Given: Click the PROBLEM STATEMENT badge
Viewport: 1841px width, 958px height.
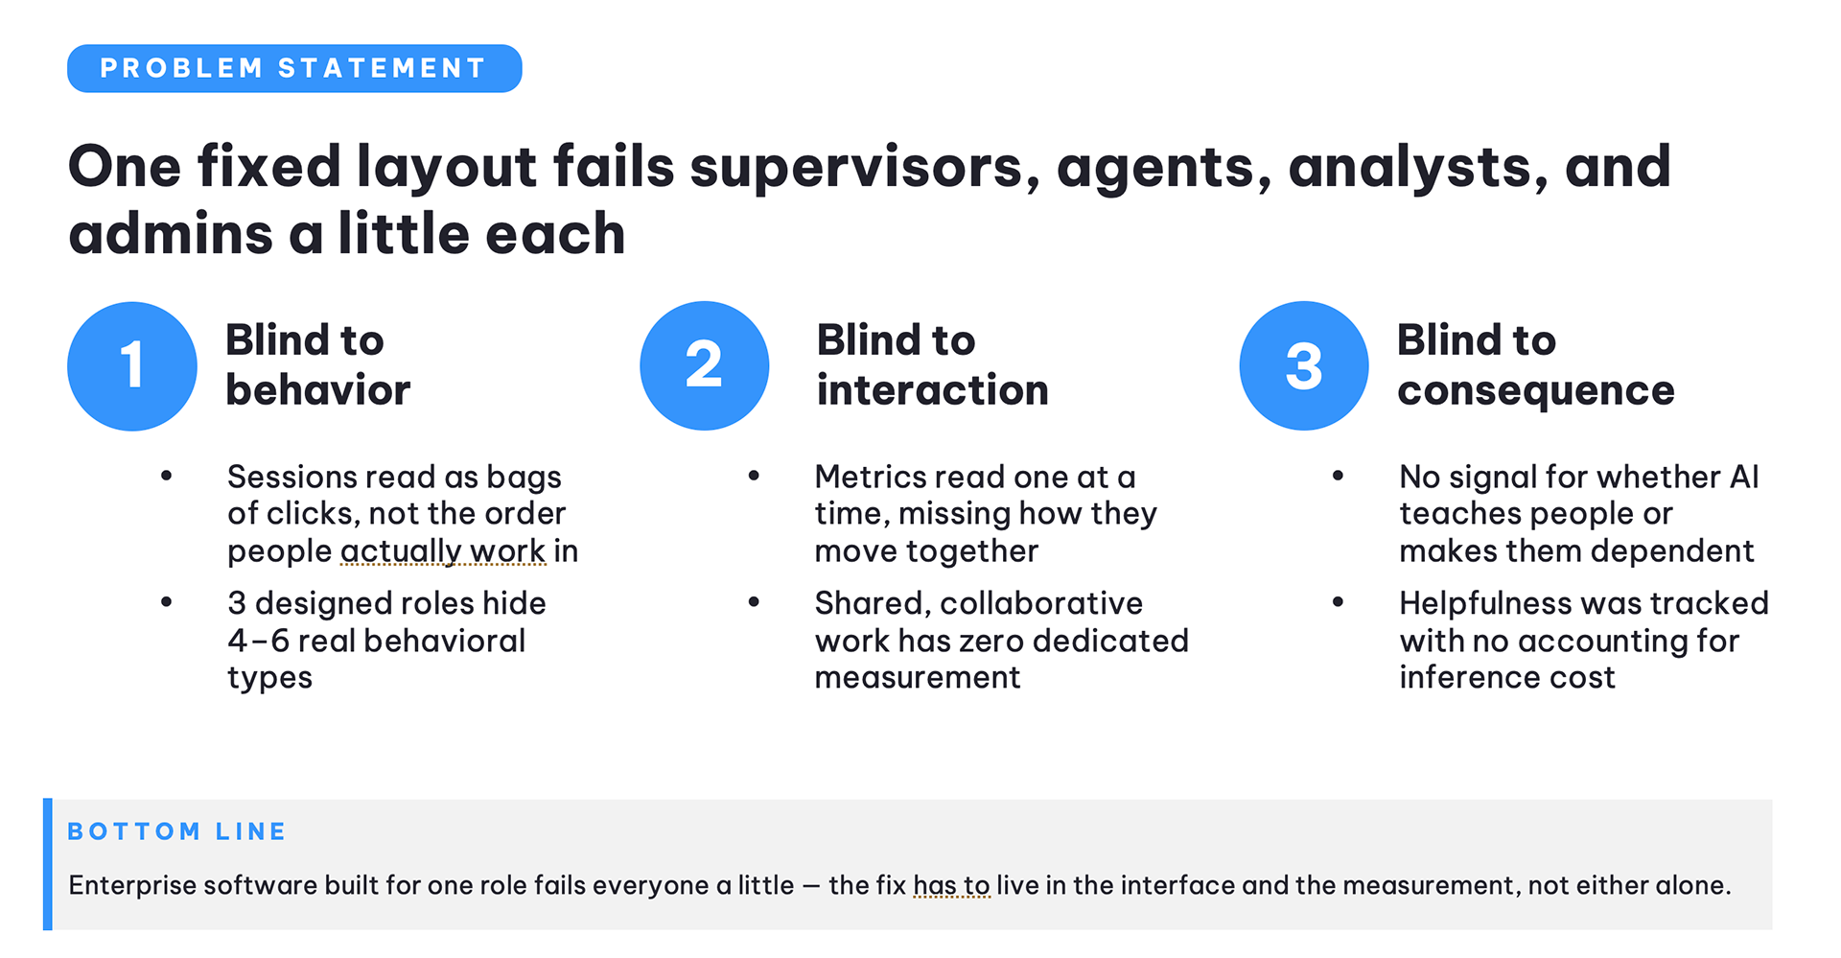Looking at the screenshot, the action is pyautogui.click(x=294, y=68).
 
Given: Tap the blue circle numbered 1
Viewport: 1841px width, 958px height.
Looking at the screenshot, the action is pyautogui.click(x=132, y=366).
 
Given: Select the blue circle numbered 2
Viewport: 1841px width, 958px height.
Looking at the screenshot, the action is pyautogui.click(x=705, y=366).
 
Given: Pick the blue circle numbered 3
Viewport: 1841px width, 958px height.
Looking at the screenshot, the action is pyautogui.click(x=1304, y=366).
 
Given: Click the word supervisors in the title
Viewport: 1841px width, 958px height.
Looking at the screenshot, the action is pyautogui.click(x=864, y=168).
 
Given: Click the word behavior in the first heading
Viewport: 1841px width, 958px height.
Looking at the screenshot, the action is pyautogui.click(x=318, y=390).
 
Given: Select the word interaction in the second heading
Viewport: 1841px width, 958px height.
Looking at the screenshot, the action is pyautogui.click(x=933, y=390).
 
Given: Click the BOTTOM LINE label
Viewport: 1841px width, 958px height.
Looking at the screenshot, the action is pyautogui.click(x=176, y=831).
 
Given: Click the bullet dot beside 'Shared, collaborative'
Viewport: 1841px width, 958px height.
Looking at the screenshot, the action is pyautogui.click(x=755, y=602).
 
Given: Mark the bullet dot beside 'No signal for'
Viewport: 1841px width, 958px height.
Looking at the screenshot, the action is pyautogui.click(x=1339, y=476).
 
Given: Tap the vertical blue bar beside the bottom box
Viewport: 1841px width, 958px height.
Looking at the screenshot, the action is pyautogui.click(x=48, y=864).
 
